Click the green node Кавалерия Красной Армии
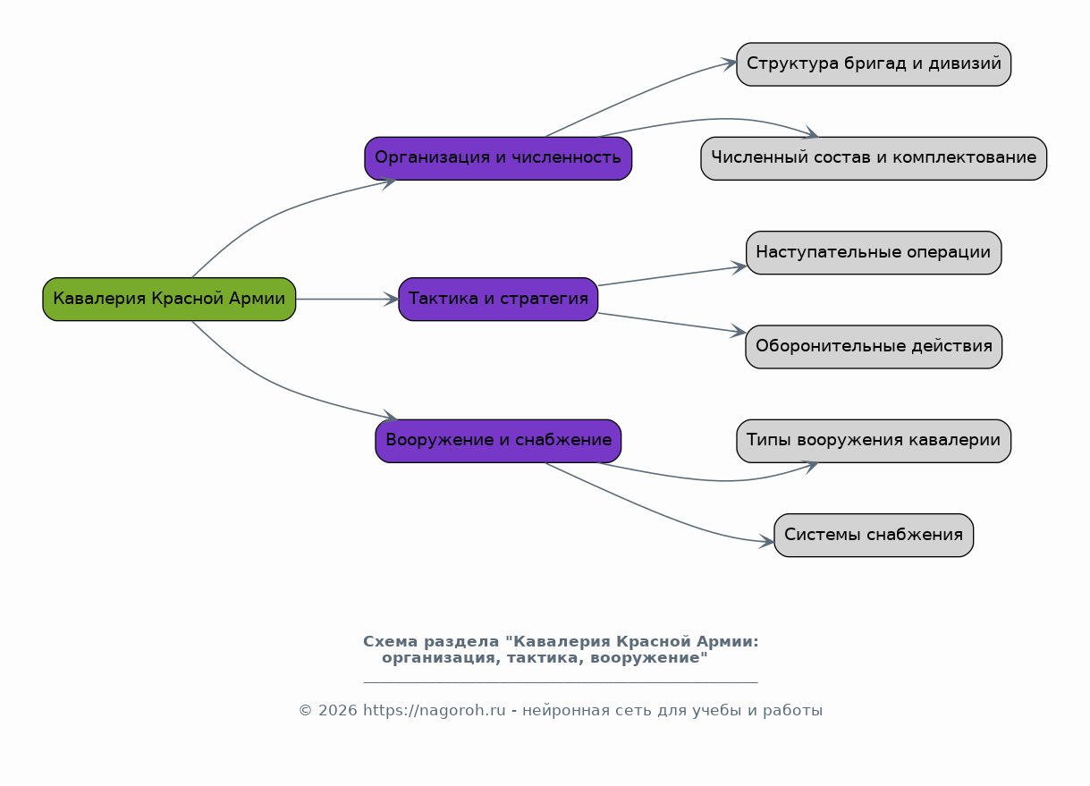click(x=169, y=299)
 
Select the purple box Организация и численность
click(x=498, y=158)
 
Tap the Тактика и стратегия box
click(x=498, y=299)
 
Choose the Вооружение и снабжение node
click(x=498, y=441)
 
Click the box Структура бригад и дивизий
click(x=874, y=64)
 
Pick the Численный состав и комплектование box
click(x=874, y=158)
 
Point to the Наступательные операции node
click(x=874, y=252)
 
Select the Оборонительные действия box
click(x=874, y=347)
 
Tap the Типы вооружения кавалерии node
click(x=874, y=441)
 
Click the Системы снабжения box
click(x=874, y=535)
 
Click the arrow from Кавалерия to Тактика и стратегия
click(x=347, y=300)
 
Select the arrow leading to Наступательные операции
click(x=672, y=275)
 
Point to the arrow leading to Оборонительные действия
click(x=672, y=323)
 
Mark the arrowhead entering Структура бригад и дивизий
click(x=729, y=63)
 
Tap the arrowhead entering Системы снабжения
click(x=766, y=542)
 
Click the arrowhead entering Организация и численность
click(x=389, y=183)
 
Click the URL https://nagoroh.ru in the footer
click(x=435, y=711)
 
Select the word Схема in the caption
click(x=390, y=641)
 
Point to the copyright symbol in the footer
click(x=305, y=711)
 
